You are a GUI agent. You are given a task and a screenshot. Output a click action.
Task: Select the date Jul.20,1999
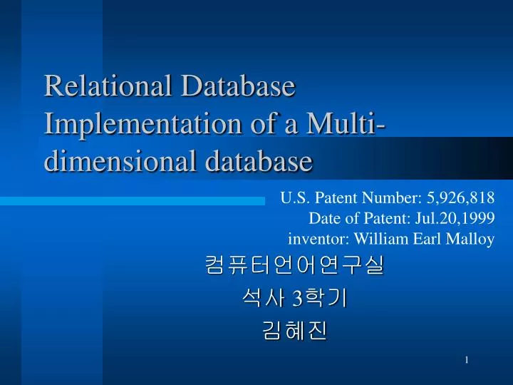click(x=457, y=219)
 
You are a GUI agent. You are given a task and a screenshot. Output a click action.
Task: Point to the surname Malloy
click(x=471, y=240)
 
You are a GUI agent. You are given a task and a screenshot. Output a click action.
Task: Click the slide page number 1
click(x=467, y=361)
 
